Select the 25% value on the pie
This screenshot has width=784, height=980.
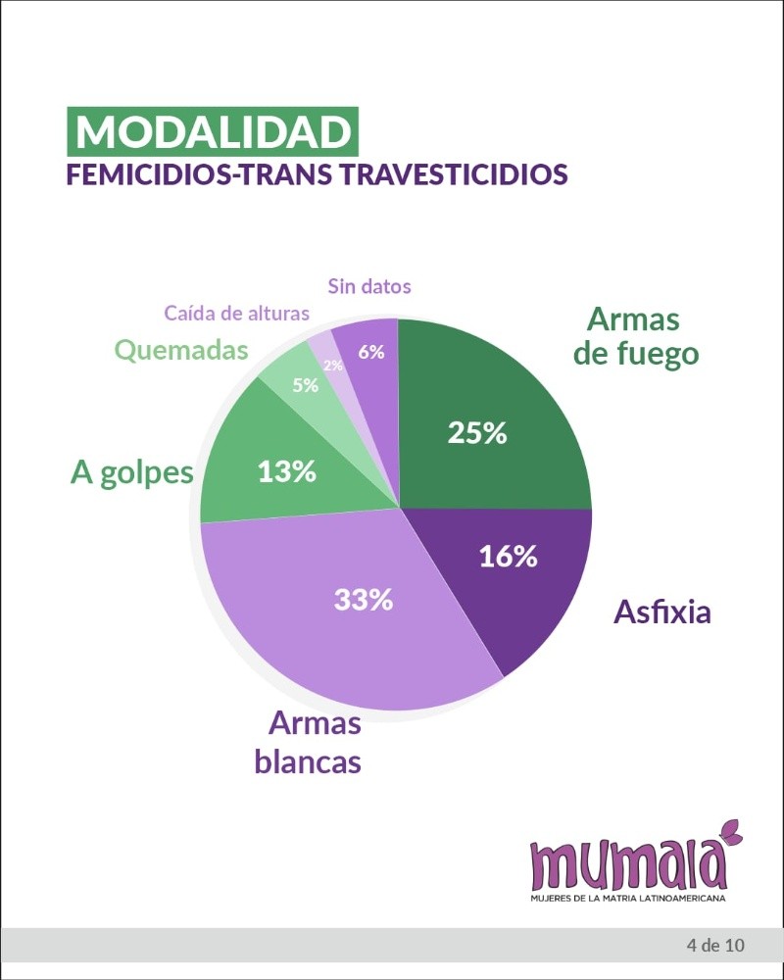point(476,432)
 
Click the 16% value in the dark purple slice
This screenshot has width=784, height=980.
point(508,556)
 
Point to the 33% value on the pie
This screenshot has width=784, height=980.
point(363,600)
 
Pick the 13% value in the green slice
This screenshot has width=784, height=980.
point(286,471)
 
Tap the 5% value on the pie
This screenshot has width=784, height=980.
point(306,385)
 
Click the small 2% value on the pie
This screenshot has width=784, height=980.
point(333,365)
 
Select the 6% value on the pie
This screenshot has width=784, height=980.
point(370,352)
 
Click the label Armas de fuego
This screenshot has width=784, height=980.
point(636,336)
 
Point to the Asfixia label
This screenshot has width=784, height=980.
point(662,612)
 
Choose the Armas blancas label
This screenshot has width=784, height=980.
point(309,743)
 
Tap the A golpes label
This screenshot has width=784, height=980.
point(131,472)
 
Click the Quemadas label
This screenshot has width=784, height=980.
point(181,350)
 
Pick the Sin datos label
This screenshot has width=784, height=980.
point(368,286)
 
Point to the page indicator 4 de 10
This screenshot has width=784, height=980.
point(716,945)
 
